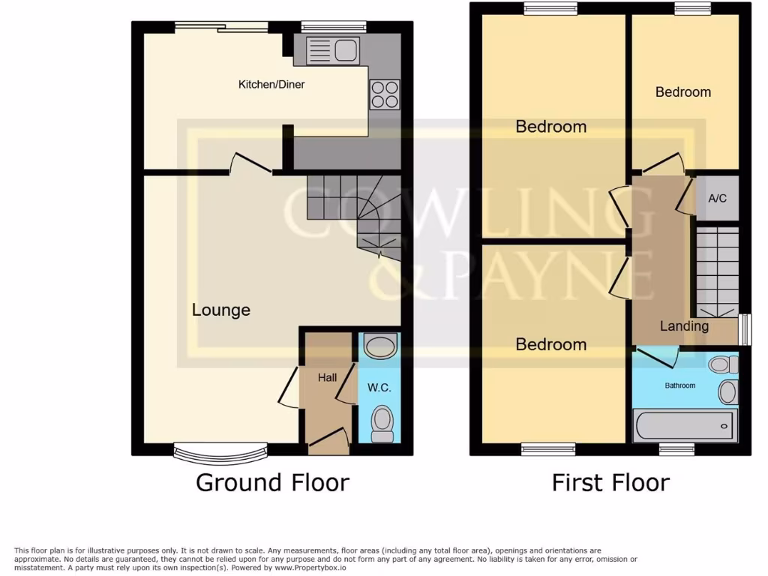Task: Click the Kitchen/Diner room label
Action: tap(271, 85)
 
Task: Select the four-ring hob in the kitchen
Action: tap(384, 94)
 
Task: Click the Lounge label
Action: tap(221, 310)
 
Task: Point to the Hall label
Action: tap(327, 378)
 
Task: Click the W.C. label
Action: tap(379, 388)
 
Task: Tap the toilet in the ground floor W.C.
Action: tap(382, 424)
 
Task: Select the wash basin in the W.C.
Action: tap(379, 346)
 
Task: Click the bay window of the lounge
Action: tap(220, 451)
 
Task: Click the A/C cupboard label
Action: tap(718, 199)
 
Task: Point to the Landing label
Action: tap(684, 326)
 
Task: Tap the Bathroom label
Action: tap(681, 385)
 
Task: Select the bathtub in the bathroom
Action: tap(685, 425)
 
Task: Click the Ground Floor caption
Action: tap(272, 482)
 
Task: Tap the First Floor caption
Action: tap(610, 482)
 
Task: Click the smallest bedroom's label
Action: tap(682, 92)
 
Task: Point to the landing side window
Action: tap(744, 329)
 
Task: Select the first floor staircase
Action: tap(718, 271)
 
